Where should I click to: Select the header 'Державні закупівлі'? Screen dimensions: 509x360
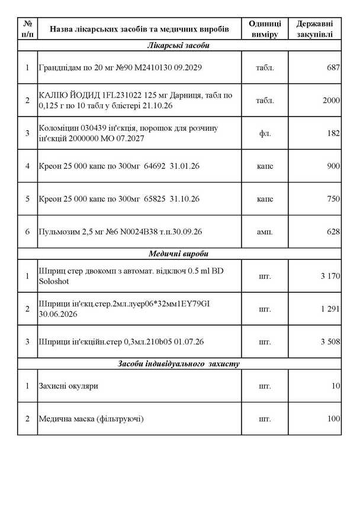(x=314, y=28)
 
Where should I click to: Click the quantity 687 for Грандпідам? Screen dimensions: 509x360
(x=333, y=68)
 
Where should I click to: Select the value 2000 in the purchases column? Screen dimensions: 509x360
(x=331, y=101)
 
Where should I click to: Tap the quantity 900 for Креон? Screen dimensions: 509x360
(x=333, y=166)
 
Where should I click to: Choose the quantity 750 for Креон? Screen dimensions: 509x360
(x=333, y=198)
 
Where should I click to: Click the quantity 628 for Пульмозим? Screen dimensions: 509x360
(x=333, y=231)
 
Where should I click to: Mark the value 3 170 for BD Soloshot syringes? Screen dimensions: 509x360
(x=329, y=276)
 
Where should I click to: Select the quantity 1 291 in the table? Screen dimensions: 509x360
(x=329, y=309)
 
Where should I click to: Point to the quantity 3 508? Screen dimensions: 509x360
(x=329, y=342)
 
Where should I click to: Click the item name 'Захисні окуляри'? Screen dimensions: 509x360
(x=69, y=386)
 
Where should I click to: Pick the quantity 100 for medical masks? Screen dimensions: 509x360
(x=333, y=419)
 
